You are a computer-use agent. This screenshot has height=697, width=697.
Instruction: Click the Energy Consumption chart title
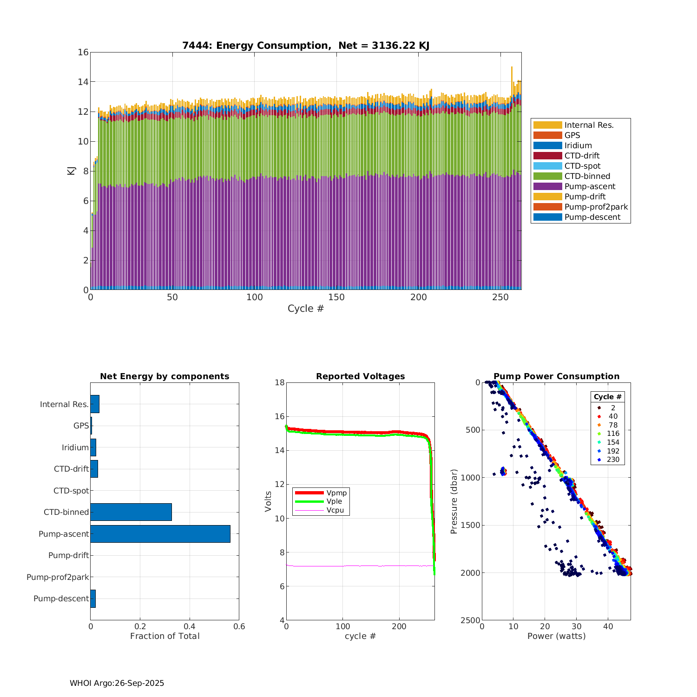[x=306, y=46]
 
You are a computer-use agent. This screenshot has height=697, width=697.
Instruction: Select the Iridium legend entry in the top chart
[x=578, y=145]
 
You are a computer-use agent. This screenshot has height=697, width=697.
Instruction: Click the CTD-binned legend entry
[x=587, y=176]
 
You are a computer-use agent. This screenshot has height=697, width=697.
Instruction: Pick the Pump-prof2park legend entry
[x=596, y=207]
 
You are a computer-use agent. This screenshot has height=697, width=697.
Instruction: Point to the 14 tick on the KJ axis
[x=83, y=82]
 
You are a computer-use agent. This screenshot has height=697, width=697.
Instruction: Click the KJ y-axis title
[x=71, y=171]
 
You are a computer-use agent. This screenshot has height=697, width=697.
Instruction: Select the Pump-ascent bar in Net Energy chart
[x=160, y=534]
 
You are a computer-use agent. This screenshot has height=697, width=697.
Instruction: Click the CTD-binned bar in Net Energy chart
[x=131, y=512]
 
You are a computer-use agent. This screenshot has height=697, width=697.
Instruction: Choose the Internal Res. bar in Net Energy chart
[x=95, y=404]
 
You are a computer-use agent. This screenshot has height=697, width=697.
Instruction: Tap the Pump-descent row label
[x=61, y=598]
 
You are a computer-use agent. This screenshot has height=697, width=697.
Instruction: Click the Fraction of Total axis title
[x=164, y=636]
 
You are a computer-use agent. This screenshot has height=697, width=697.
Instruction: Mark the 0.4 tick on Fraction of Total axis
[x=190, y=626]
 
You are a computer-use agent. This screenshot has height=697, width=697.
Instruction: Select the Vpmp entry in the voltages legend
[x=336, y=493]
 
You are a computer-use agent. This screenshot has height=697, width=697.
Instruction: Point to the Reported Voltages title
[x=360, y=376]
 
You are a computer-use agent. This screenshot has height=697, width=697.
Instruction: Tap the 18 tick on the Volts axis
[x=280, y=382]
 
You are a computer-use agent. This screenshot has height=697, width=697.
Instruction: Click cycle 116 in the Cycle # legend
[x=613, y=434]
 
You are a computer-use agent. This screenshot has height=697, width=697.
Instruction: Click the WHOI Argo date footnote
[x=117, y=683]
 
